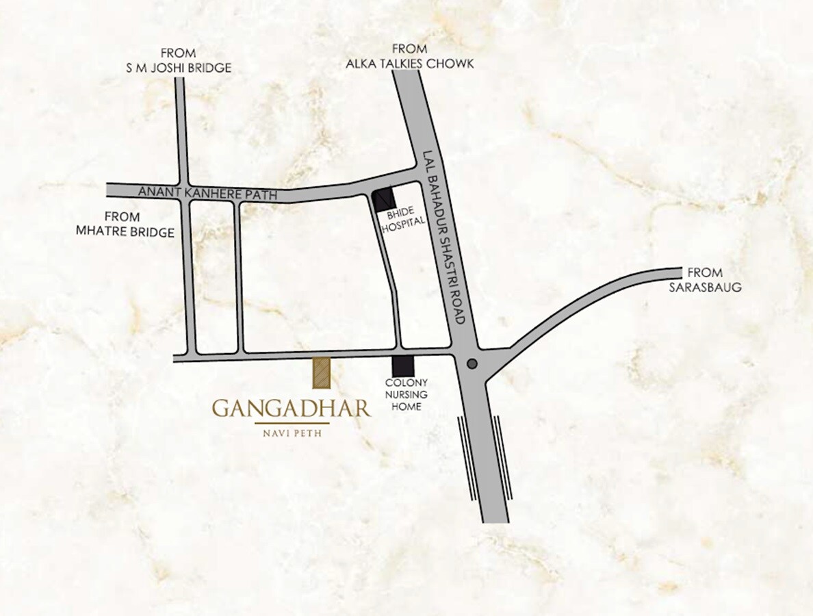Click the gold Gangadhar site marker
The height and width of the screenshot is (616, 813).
322,372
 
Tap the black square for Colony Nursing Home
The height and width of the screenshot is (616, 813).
402,367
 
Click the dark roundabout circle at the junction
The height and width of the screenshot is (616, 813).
472,364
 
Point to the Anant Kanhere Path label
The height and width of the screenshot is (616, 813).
207,194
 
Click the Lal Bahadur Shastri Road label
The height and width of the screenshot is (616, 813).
445,237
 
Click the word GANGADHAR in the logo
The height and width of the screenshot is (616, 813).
292,409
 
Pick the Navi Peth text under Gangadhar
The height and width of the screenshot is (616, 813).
292,433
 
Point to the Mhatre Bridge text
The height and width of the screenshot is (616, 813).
125,233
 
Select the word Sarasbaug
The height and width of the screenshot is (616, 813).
705,287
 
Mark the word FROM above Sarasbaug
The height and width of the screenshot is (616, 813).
705,272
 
